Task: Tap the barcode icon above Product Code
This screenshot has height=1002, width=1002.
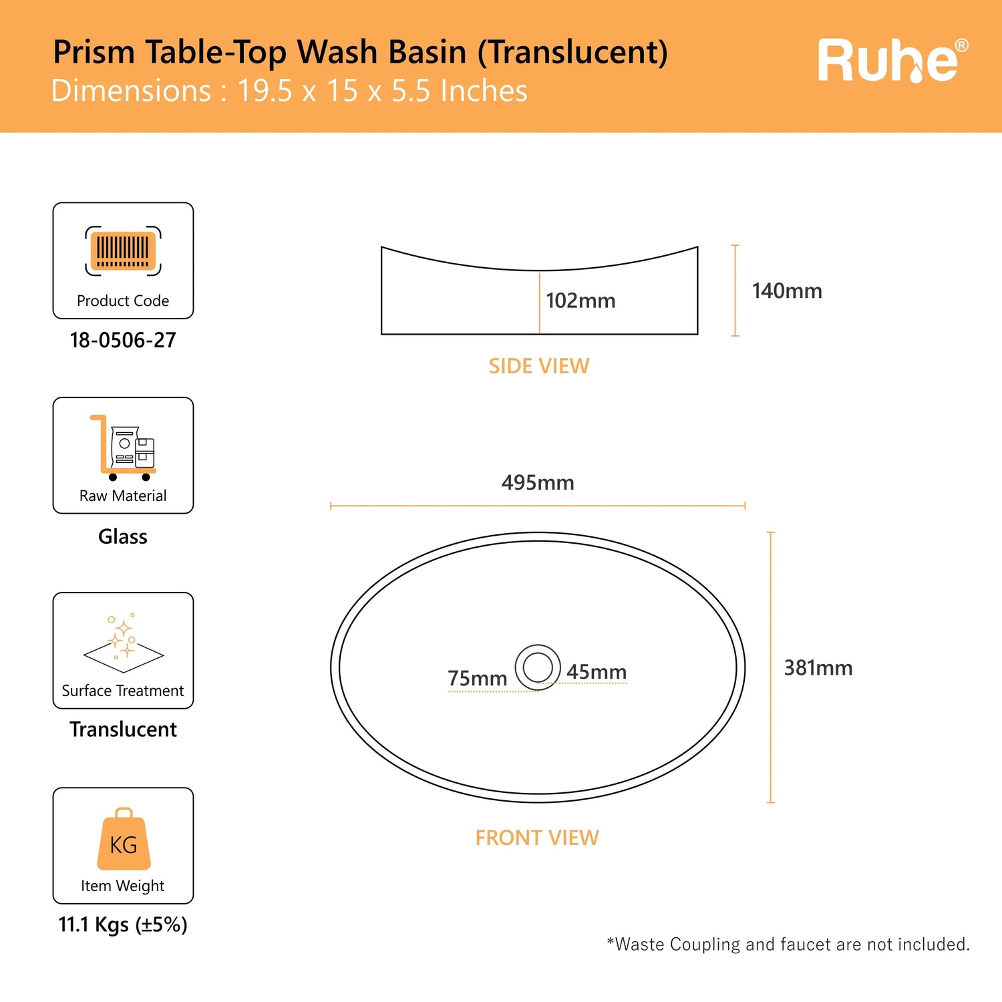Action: pyautogui.click(x=123, y=251)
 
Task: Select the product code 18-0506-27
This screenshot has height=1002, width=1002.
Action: pyautogui.click(x=123, y=340)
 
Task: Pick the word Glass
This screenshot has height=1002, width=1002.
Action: pyautogui.click(x=123, y=536)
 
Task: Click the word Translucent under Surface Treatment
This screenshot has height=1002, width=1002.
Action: pyautogui.click(x=123, y=729)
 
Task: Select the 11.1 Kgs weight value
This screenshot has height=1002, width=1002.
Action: pyautogui.click(x=123, y=925)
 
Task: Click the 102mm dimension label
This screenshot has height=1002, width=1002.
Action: pyautogui.click(x=580, y=301)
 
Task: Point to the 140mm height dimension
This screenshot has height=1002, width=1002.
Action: pyautogui.click(x=787, y=291)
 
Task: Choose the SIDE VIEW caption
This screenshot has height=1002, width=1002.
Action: pyautogui.click(x=539, y=366)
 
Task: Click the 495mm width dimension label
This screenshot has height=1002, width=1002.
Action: pyautogui.click(x=538, y=482)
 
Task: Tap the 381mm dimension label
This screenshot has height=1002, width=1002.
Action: pyautogui.click(x=818, y=668)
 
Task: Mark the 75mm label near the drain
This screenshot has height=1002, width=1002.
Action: pyautogui.click(x=477, y=678)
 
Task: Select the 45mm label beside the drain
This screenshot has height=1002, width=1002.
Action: pyautogui.click(x=597, y=672)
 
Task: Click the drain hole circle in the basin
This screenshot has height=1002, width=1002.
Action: pyautogui.click(x=538, y=667)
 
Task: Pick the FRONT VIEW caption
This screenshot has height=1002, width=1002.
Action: pyautogui.click(x=537, y=838)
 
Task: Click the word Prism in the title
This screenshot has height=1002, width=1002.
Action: pyautogui.click(x=94, y=52)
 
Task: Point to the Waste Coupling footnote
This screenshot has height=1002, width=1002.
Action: pyautogui.click(x=788, y=944)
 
